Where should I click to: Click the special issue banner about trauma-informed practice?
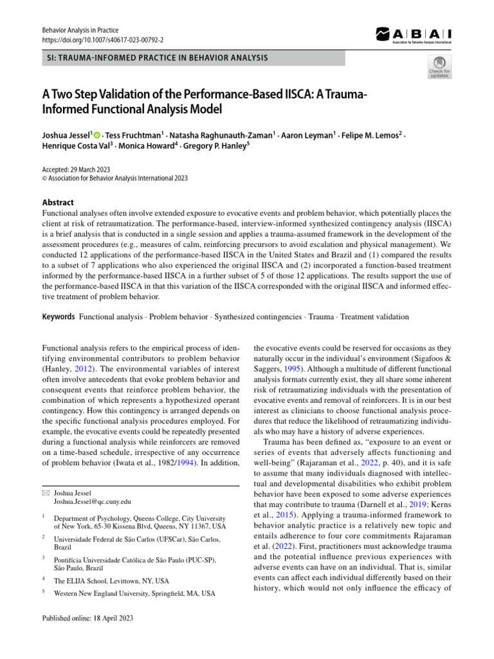(x=154, y=59)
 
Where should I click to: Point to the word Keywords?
(x=59, y=317)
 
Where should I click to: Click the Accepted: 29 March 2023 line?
(x=76, y=170)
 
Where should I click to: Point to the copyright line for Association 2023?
(x=114, y=179)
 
